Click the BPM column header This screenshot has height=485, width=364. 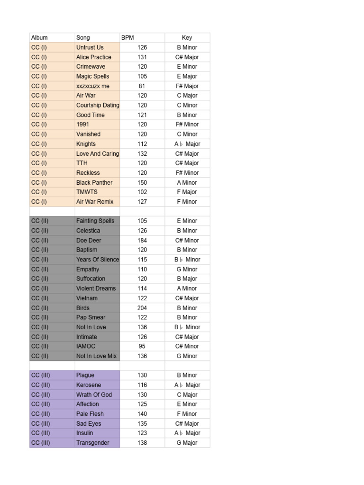pyautogui.click(x=128, y=37)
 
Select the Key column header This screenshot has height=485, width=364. pyautogui.click(x=187, y=37)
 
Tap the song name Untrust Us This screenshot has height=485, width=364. pyautogui.click(x=90, y=47)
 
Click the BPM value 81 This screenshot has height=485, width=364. pyautogui.click(x=142, y=86)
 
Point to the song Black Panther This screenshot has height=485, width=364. pyautogui.click(x=94, y=182)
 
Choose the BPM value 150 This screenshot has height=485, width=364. pyautogui.click(x=142, y=182)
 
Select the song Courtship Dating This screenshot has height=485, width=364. pyautogui.click(x=98, y=105)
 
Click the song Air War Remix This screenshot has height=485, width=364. pyautogui.click(x=95, y=202)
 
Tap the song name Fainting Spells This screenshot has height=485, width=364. pyautogui.click(x=95, y=221)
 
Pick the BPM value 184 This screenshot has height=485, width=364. pyautogui.click(x=142, y=240)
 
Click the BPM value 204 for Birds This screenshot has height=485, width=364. pyautogui.click(x=142, y=308)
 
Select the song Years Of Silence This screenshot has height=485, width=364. pyautogui.click(x=98, y=260)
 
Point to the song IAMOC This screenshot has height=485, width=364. pyautogui.click(x=86, y=346)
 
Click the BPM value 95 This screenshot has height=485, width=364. pyautogui.click(x=142, y=346)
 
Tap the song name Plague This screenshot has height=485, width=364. pyautogui.click(x=85, y=375)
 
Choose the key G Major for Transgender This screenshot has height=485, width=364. pyautogui.click(x=187, y=443)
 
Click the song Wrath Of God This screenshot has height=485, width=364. pyautogui.click(x=94, y=395)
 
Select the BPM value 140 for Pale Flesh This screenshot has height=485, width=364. pyautogui.click(x=142, y=413)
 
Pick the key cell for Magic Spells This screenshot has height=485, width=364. pyautogui.click(x=187, y=76)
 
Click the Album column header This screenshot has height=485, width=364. pyautogui.click(x=39, y=37)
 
